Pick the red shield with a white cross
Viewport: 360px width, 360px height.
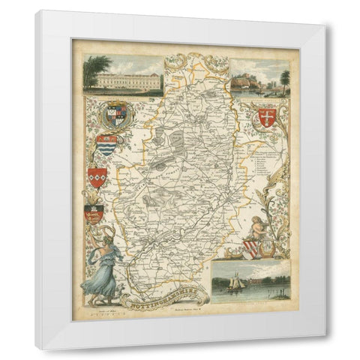pyautogui.click(x=266, y=116)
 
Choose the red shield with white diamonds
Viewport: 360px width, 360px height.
pyautogui.click(x=97, y=177)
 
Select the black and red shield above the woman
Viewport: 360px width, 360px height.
pyautogui.click(x=94, y=214)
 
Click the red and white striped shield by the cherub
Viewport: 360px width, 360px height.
pyautogui.click(x=251, y=249)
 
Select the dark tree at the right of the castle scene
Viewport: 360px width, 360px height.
pyautogui.click(x=285, y=77)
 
